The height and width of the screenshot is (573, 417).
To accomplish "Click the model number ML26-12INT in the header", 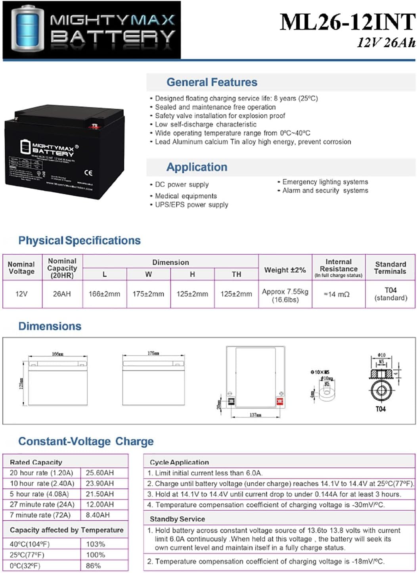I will click(x=347, y=22).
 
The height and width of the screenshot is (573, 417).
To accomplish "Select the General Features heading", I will click(x=212, y=82).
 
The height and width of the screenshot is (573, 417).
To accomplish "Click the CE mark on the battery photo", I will click(x=88, y=172).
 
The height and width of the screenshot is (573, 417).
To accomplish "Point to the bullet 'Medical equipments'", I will click(x=186, y=196).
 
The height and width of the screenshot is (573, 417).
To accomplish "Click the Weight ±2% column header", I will click(x=285, y=270).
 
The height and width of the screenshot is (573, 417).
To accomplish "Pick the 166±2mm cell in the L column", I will click(x=104, y=294).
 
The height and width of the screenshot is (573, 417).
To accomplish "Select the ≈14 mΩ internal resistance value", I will click(x=337, y=294).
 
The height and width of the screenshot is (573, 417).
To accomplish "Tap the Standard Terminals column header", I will click(x=390, y=268).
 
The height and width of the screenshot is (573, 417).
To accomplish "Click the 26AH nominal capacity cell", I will click(x=62, y=294).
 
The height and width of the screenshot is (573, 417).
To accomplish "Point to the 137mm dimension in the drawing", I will click(x=255, y=415).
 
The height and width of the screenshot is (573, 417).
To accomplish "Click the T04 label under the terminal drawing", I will click(x=381, y=409).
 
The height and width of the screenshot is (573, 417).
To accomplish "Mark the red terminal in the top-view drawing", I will click(x=280, y=401).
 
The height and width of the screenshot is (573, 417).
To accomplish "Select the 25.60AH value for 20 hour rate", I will click(x=100, y=473).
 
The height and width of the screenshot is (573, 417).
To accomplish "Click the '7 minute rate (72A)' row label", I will click(x=40, y=515).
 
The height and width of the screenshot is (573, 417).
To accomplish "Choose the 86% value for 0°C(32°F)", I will click(x=93, y=565).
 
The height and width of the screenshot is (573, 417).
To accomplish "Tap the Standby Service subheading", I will click(x=177, y=519).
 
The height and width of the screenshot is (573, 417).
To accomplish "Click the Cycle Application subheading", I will click(x=179, y=462).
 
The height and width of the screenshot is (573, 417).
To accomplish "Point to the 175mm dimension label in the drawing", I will click(x=153, y=353).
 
